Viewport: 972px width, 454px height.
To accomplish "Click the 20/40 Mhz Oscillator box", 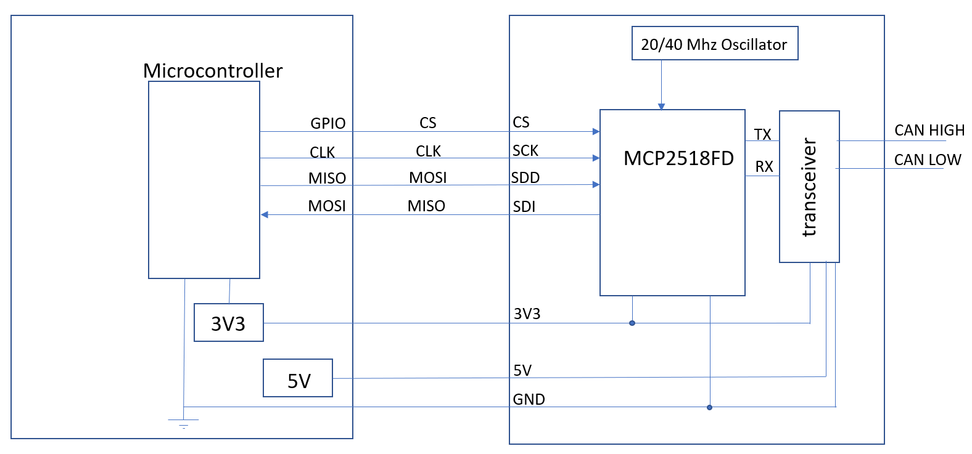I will pyautogui.click(x=714, y=44).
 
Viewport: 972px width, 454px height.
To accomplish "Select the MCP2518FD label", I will pyautogui.click(x=678, y=158).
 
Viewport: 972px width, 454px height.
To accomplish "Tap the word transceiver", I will pyautogui.click(x=809, y=187).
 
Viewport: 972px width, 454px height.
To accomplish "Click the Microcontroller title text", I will pyautogui.click(x=213, y=71).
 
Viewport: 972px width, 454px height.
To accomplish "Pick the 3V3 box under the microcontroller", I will pyautogui.click(x=228, y=323).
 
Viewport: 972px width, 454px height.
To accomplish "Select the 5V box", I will pyautogui.click(x=298, y=379).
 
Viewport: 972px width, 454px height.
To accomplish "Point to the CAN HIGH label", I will pyautogui.click(x=929, y=130).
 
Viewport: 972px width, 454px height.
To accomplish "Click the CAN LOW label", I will pyautogui.click(x=927, y=160).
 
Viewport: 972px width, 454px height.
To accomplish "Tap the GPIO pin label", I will pyautogui.click(x=327, y=123).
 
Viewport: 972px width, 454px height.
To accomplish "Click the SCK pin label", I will pyautogui.click(x=525, y=150).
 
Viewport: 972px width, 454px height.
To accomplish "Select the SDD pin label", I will pyautogui.click(x=525, y=177).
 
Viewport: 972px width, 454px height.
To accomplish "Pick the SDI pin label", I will pyautogui.click(x=524, y=206).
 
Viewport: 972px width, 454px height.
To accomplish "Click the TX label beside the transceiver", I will pyautogui.click(x=762, y=134).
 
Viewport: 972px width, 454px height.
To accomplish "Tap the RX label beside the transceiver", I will pyautogui.click(x=764, y=166).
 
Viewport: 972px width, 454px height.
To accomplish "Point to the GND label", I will pyautogui.click(x=529, y=399).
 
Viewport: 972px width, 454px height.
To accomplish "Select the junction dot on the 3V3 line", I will pyautogui.click(x=632, y=323).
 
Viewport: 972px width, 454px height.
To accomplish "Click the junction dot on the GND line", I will pyautogui.click(x=709, y=407).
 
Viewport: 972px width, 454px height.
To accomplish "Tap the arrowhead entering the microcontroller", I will pyautogui.click(x=265, y=214).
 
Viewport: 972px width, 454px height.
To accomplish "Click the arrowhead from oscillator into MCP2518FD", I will pyautogui.click(x=661, y=107).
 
